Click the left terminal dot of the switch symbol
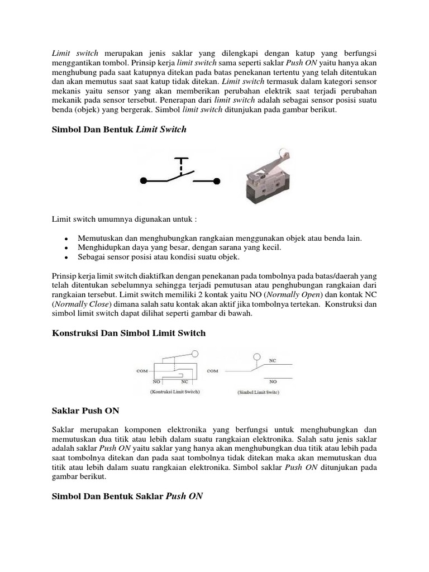(143, 180)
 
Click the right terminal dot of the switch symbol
(218, 180)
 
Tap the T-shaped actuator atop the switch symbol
(180, 162)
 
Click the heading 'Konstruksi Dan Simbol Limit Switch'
(128, 333)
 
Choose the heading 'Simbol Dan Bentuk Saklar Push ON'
(127, 495)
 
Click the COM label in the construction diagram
(142, 369)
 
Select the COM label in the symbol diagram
(212, 370)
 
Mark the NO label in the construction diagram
(156, 380)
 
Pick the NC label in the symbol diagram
(273, 361)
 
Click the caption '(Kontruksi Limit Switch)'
(174, 392)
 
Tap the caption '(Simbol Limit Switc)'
(258, 393)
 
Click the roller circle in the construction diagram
(194, 354)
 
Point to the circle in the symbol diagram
(256, 356)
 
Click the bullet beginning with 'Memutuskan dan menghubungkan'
(220, 238)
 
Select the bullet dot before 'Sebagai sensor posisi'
(66, 258)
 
